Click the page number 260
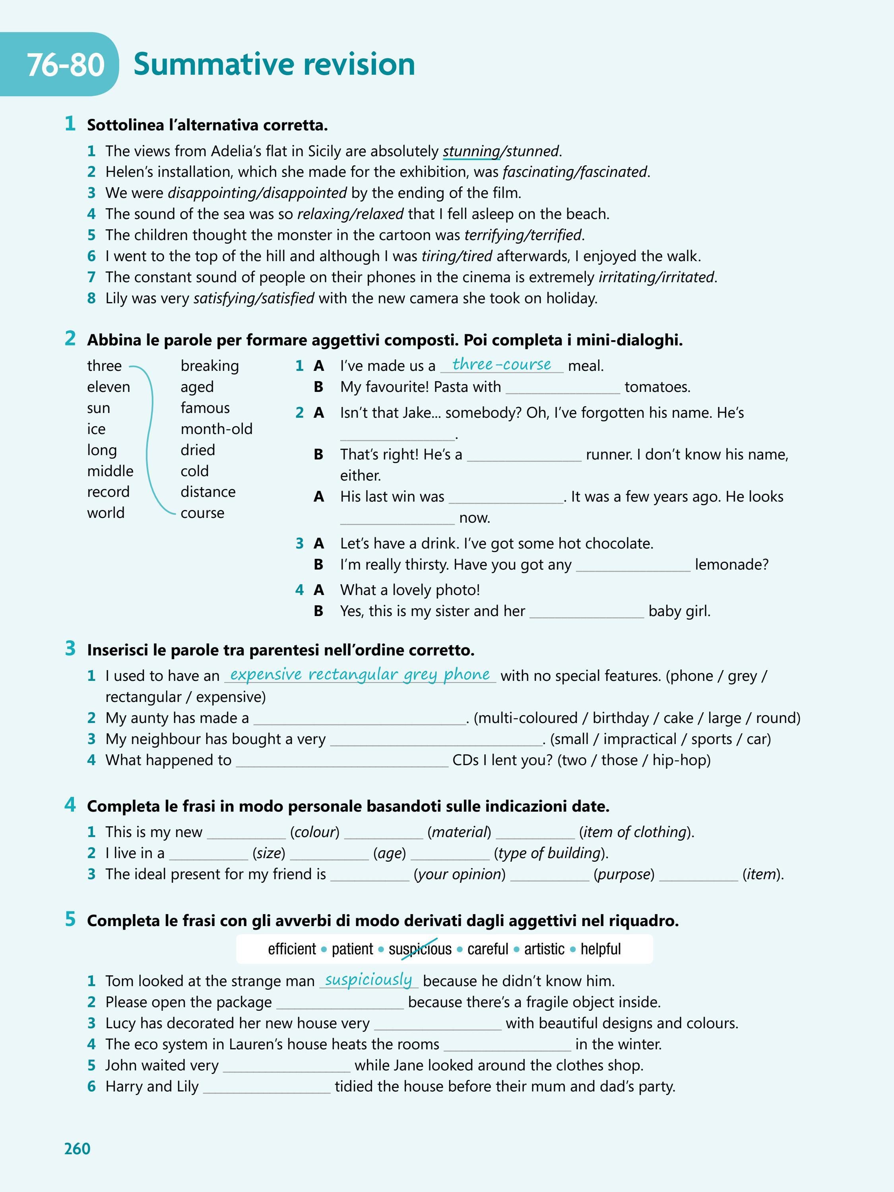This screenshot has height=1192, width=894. pyautogui.click(x=77, y=1148)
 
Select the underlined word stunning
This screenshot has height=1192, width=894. pyautogui.click(x=471, y=151)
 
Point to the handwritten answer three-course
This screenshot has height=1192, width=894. pyautogui.click(x=501, y=364)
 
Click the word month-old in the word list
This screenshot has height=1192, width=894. pyautogui.click(x=216, y=429)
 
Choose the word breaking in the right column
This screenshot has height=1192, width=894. pyautogui.click(x=209, y=366)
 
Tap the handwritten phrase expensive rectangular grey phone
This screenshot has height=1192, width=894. pyautogui.click(x=360, y=674)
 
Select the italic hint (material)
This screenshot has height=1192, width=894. pyautogui.click(x=459, y=832)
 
